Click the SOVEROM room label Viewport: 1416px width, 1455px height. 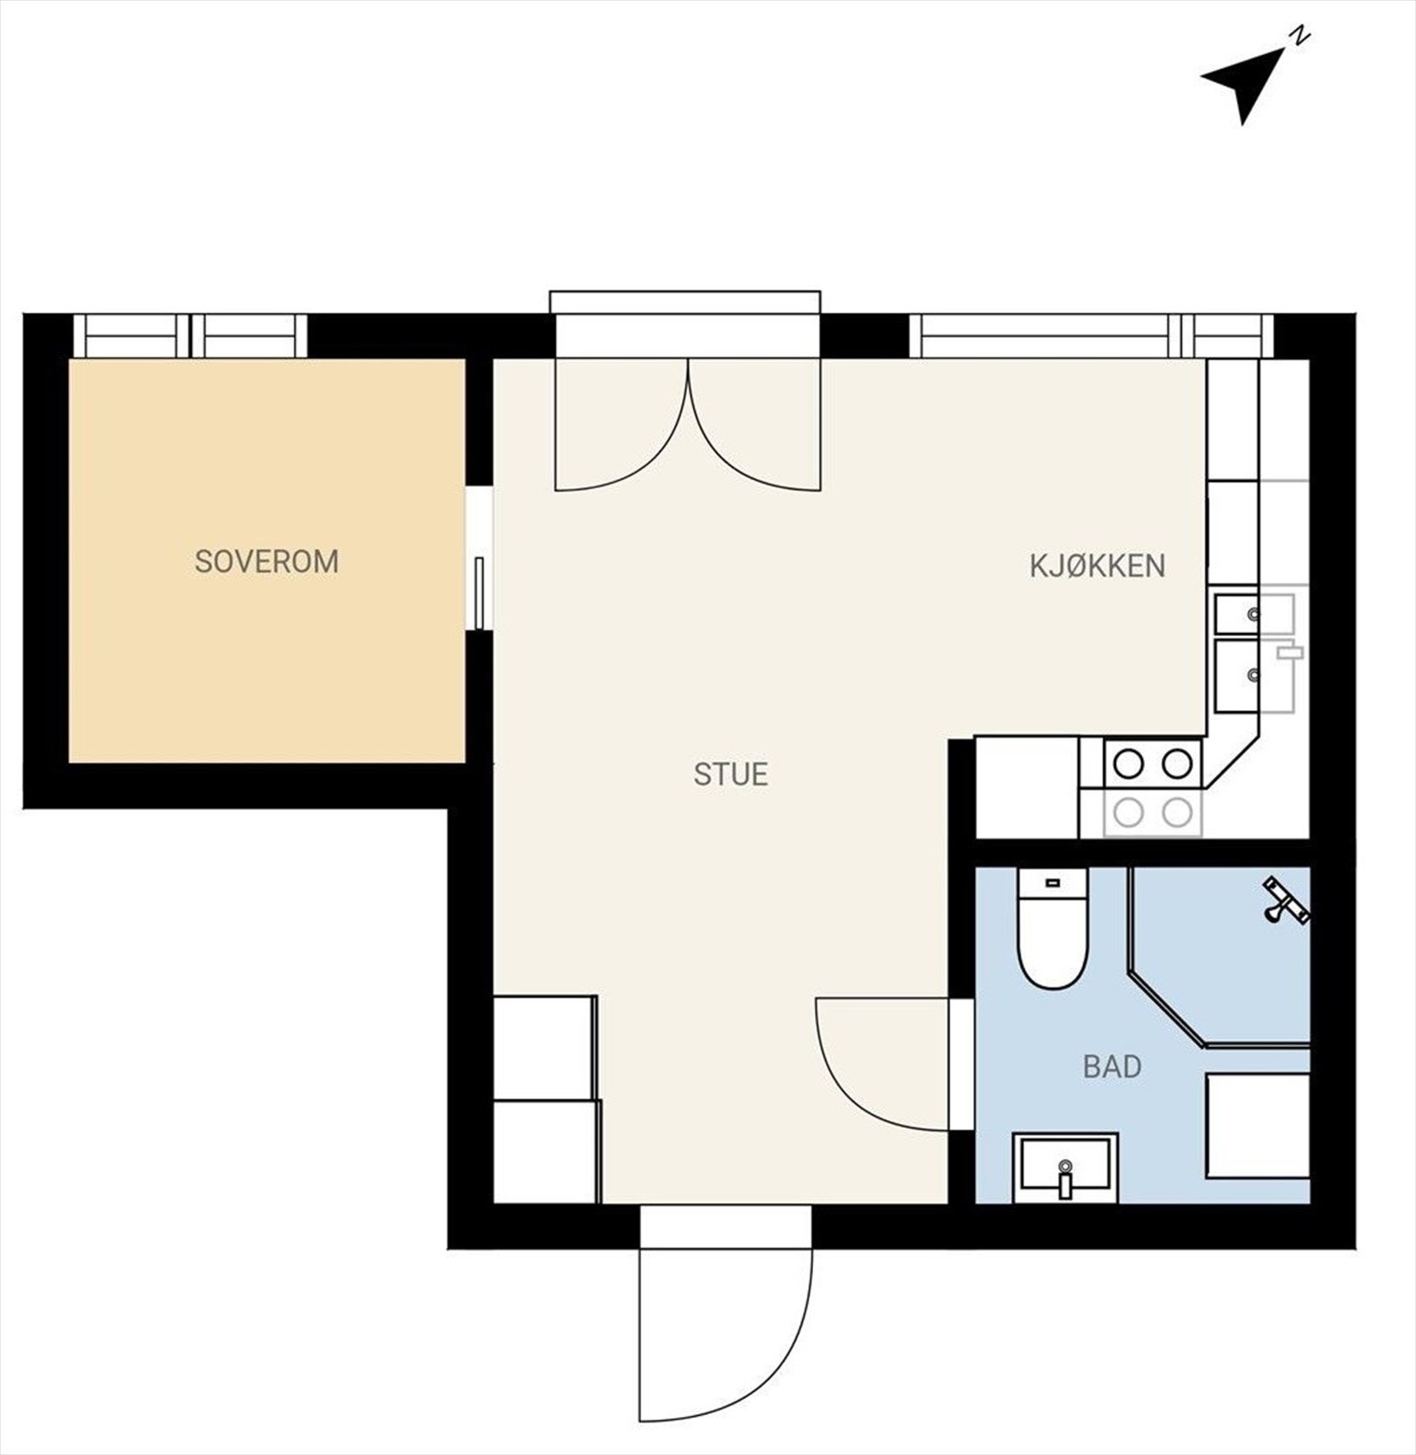pyautogui.click(x=266, y=561)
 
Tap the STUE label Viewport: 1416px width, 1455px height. pyautogui.click(x=730, y=774)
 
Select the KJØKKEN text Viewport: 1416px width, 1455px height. pyautogui.click(x=1097, y=566)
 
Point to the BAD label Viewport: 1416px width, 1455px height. pyautogui.click(x=1111, y=1066)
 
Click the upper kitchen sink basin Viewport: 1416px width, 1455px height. pyautogui.click(x=1239, y=614)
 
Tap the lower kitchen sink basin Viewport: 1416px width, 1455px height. pyautogui.click(x=1239, y=675)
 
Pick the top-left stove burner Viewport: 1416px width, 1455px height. pyautogui.click(x=1129, y=764)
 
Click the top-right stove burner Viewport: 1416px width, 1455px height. pyautogui.click(x=1177, y=764)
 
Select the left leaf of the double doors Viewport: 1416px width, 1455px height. pyautogui.click(x=618, y=427)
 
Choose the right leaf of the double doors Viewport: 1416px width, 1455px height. pyautogui.click(x=755, y=427)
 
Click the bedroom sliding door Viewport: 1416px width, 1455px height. pyautogui.click(x=479, y=592)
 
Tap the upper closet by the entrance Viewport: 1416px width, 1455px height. pyautogui.click(x=544, y=1048)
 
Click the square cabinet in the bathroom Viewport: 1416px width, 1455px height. pyautogui.click(x=1257, y=1126)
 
